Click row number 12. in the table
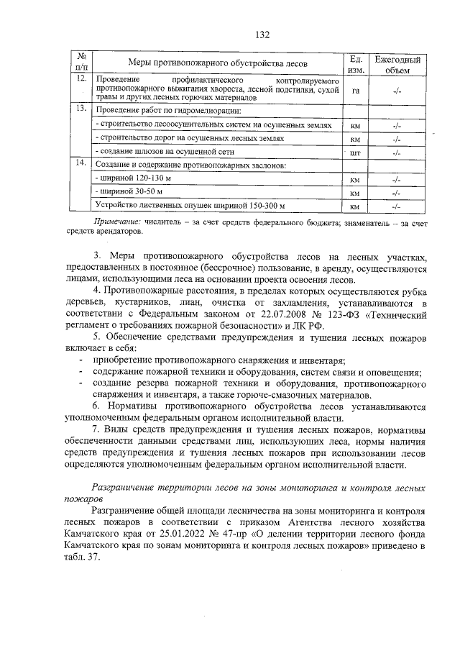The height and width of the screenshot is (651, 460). [x=83, y=78]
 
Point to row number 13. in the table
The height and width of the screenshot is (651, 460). [x=83, y=109]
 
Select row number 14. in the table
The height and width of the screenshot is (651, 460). [x=83, y=163]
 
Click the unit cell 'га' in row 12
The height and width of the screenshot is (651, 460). [x=354, y=91]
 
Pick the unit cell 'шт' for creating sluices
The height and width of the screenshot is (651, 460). [x=354, y=153]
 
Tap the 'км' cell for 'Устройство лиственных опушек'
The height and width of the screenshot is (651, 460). [x=354, y=207]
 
